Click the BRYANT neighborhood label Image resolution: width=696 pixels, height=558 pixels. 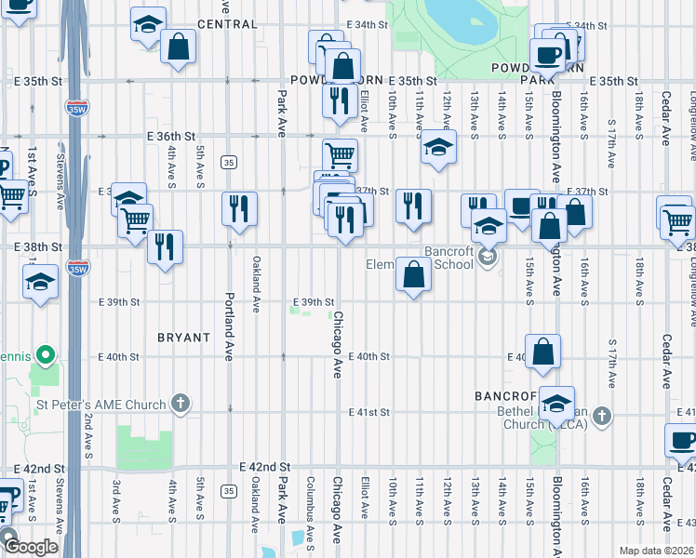(183, 338)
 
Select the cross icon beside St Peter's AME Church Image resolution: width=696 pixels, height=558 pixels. (181, 404)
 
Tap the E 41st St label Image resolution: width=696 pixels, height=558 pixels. (368, 412)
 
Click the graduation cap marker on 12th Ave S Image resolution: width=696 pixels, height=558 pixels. (437, 147)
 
